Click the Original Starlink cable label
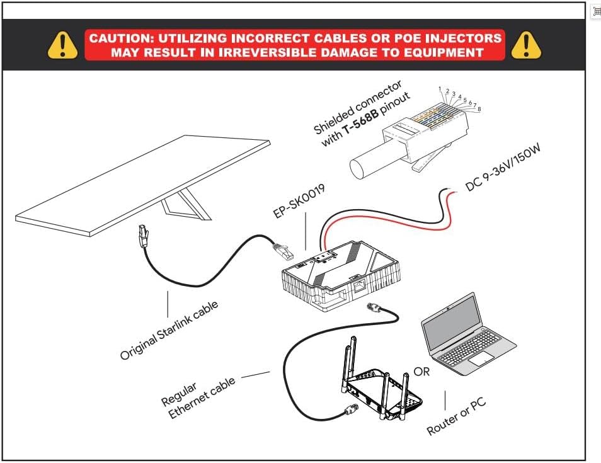[169, 330]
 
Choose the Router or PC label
[456, 416]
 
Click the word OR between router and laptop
[421, 372]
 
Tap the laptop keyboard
[469, 353]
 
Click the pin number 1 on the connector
[439, 89]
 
